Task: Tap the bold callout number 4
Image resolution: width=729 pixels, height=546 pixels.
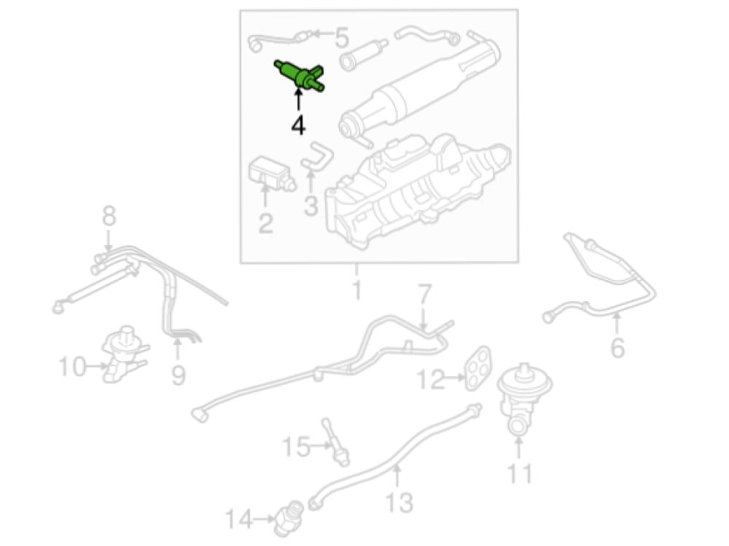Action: (298, 125)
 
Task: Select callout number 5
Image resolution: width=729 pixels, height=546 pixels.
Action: (342, 37)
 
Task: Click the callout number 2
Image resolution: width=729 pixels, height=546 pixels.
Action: (265, 223)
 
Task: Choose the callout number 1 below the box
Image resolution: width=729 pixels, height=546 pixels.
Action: (356, 289)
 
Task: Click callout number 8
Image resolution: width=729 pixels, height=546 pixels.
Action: (109, 217)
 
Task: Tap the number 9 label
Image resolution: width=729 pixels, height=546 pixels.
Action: (179, 375)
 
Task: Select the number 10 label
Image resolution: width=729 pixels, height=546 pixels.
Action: (73, 367)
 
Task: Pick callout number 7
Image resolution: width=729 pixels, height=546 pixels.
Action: (424, 294)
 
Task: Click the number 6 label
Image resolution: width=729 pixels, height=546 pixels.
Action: (617, 348)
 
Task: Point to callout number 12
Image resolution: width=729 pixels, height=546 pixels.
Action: (431, 379)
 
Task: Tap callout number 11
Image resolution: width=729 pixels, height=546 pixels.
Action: (519, 473)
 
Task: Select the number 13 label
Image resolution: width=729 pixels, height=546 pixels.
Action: (399, 502)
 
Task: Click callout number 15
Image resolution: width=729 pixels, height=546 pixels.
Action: (296, 447)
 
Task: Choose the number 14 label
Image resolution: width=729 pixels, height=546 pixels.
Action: (239, 519)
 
